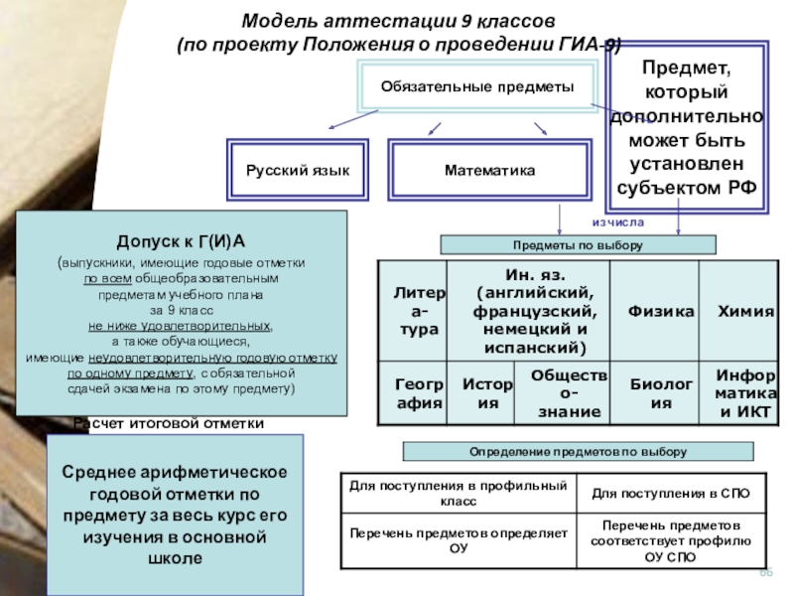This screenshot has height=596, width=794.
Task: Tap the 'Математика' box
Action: (x=489, y=171)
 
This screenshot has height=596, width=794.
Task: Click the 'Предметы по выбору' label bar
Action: (x=578, y=244)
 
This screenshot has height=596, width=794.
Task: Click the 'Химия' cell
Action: (x=745, y=311)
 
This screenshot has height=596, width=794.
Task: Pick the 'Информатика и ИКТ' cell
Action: (x=745, y=392)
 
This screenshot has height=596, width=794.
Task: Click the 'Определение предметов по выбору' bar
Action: (x=578, y=452)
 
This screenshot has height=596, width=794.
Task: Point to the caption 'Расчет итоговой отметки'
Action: (x=169, y=424)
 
